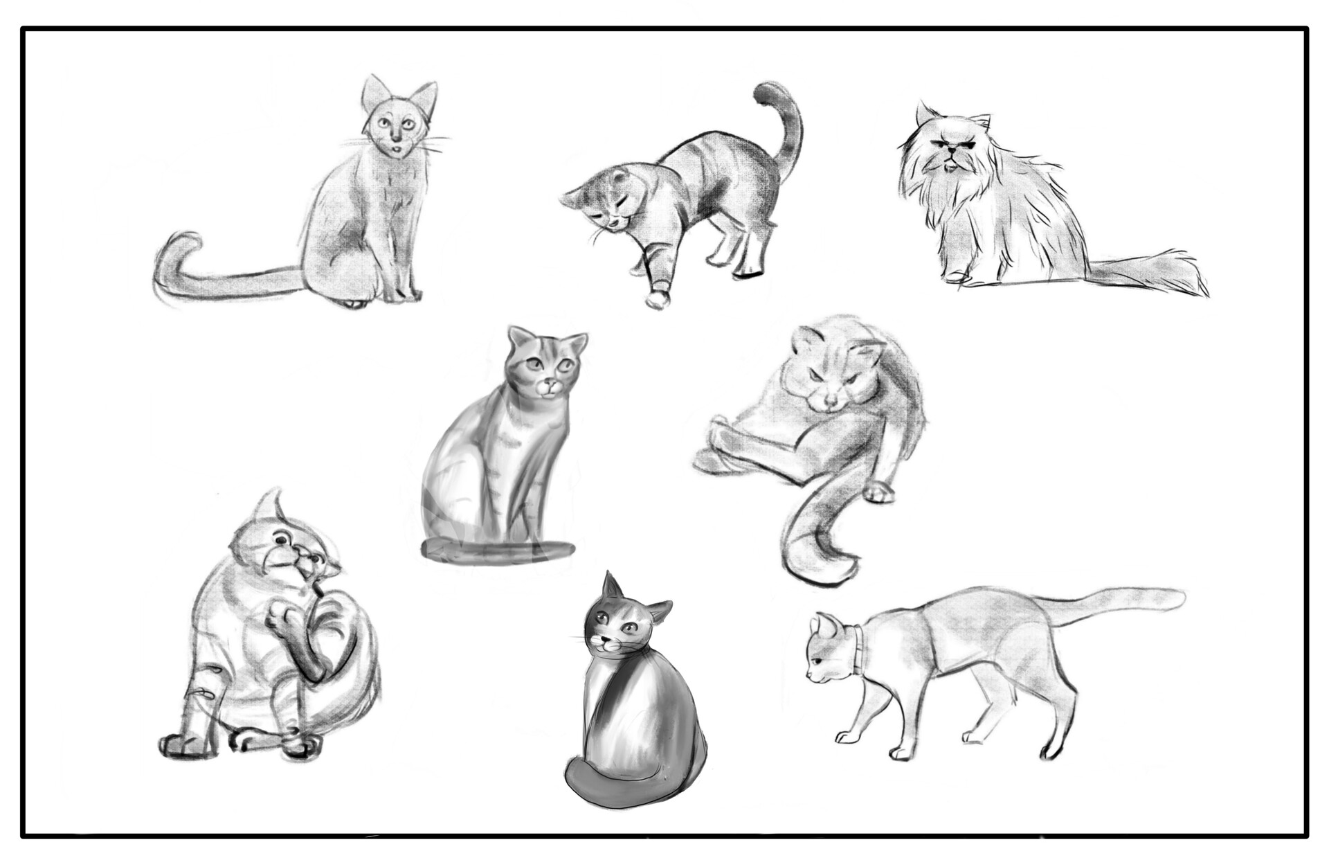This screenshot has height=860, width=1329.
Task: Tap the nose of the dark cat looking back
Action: [x=610, y=640]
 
